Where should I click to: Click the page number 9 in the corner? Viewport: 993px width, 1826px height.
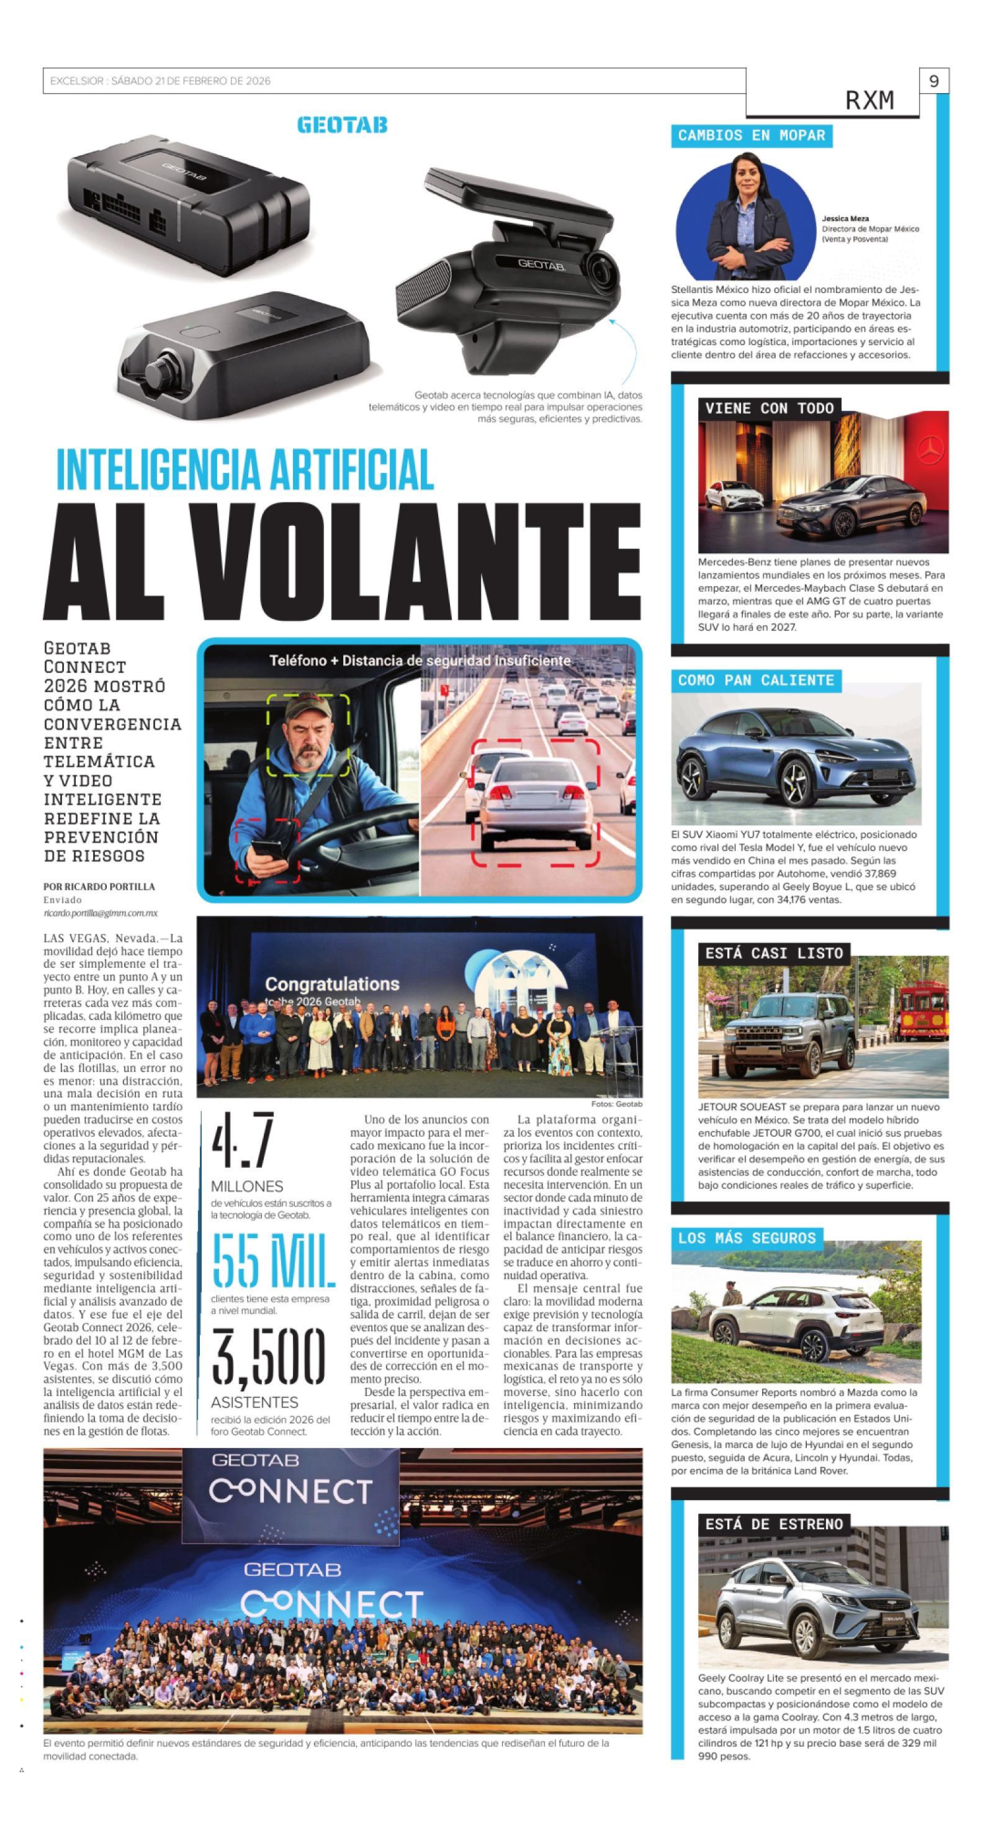tap(933, 81)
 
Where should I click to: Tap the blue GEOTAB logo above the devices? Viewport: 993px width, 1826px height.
tap(343, 125)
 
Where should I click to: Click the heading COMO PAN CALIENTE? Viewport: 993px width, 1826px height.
tap(755, 680)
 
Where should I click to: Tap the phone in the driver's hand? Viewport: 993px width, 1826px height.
tap(266, 849)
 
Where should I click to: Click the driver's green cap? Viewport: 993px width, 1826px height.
tap(307, 709)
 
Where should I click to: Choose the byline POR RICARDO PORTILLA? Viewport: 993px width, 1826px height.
tap(99, 886)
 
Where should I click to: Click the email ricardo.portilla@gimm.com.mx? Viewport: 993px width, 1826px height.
tap(100, 913)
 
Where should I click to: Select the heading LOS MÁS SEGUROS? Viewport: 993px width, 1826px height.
tap(747, 1237)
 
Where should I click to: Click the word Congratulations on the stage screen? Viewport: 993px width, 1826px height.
tap(331, 984)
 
